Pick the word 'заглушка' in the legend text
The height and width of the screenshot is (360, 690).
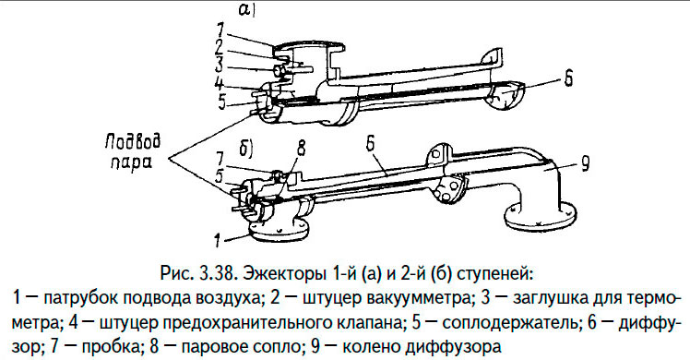pos(548,298)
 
